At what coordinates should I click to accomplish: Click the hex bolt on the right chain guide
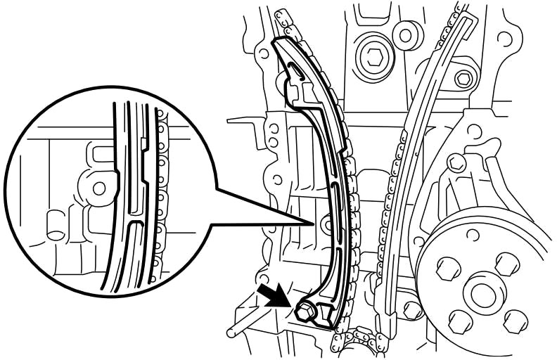click(x=463, y=79)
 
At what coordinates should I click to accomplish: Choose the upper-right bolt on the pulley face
click(x=504, y=265)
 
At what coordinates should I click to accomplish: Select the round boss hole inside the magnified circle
click(x=99, y=187)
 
